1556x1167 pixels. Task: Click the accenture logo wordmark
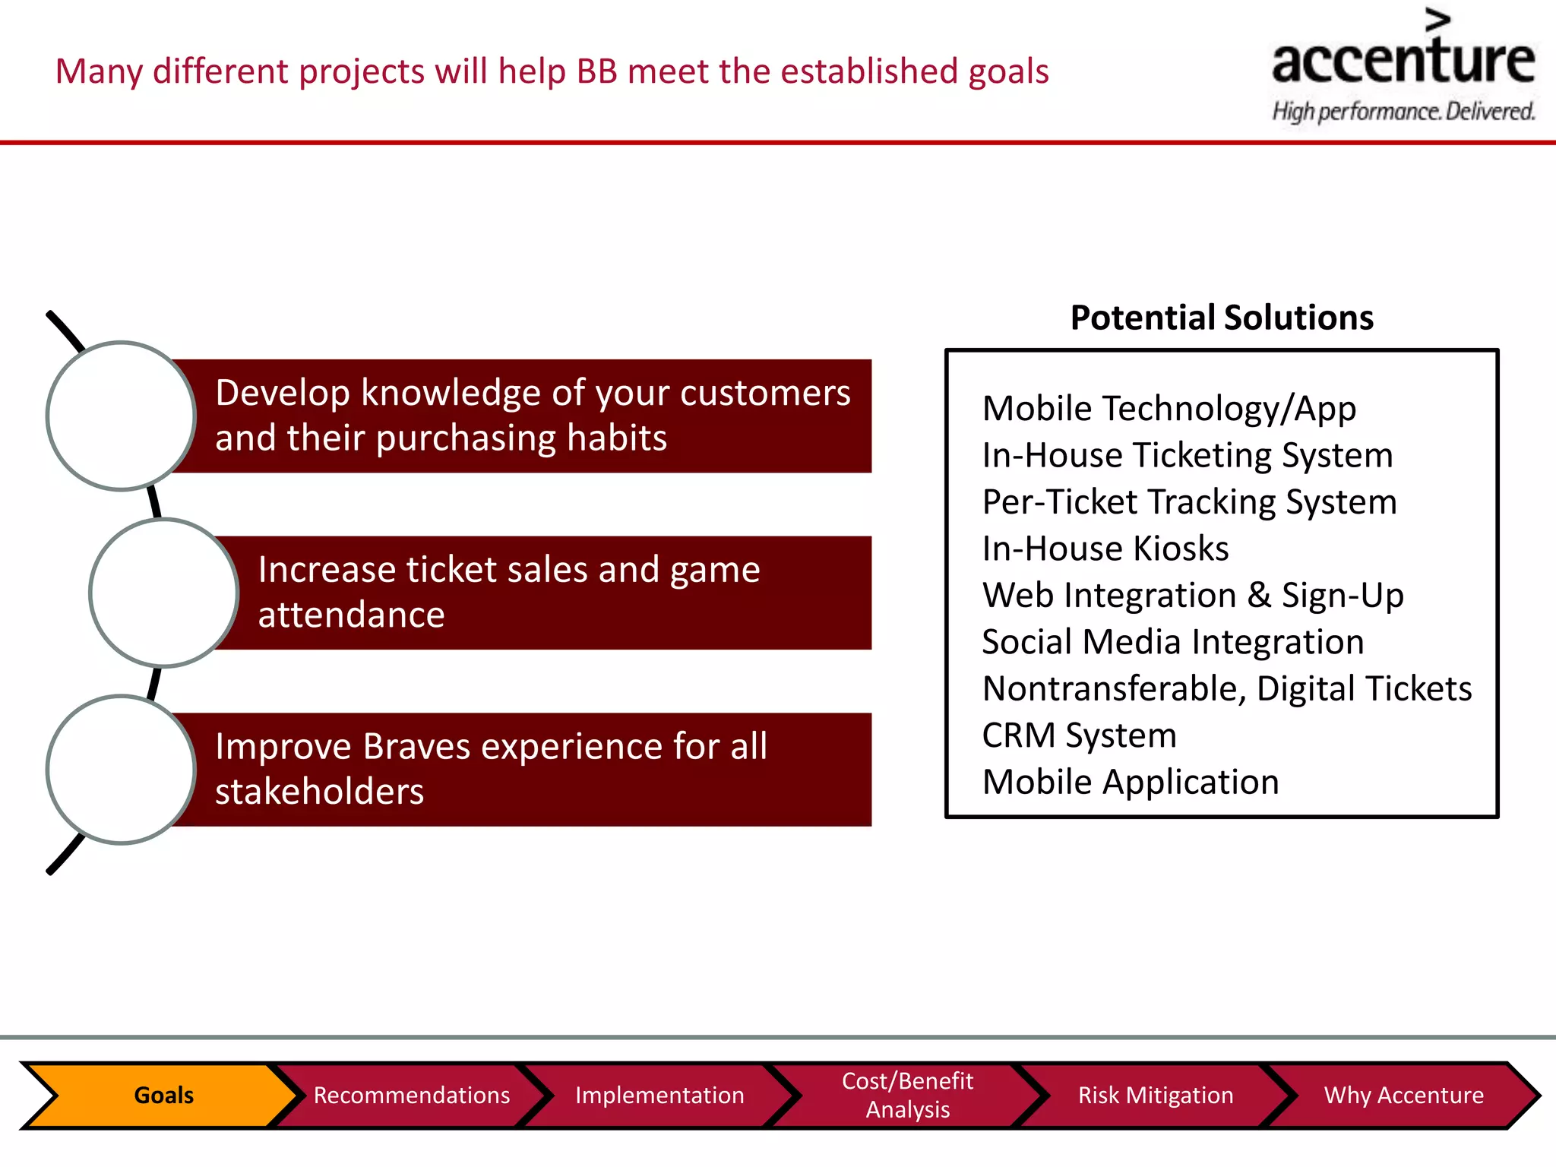pyautogui.click(x=1403, y=61)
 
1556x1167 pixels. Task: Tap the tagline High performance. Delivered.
pyautogui.click(x=1403, y=112)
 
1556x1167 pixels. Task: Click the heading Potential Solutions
pyautogui.click(x=1221, y=318)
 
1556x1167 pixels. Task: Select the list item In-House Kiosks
pyautogui.click(x=1105, y=549)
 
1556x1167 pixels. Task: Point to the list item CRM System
pyautogui.click(x=1079, y=735)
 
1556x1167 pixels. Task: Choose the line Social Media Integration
pyautogui.click(x=1172, y=642)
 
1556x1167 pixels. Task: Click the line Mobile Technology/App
pyautogui.click(x=1169, y=409)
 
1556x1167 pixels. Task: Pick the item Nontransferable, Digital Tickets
pyautogui.click(x=1226, y=689)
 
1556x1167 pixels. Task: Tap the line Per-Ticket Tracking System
pyautogui.click(x=1189, y=502)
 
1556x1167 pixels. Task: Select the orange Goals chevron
pyautogui.click(x=163, y=1095)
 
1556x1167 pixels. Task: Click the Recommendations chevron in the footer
pyautogui.click(x=411, y=1095)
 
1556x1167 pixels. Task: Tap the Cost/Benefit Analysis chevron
pyautogui.click(x=907, y=1095)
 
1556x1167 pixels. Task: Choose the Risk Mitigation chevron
pyautogui.click(x=1155, y=1095)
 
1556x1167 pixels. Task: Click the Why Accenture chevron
pyautogui.click(x=1403, y=1095)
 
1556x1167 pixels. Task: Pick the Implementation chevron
pyautogui.click(x=659, y=1095)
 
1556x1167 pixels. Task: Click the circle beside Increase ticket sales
pyautogui.click(x=164, y=593)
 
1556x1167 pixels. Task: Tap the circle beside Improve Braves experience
pyautogui.click(x=122, y=770)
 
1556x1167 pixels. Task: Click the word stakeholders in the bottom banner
pyautogui.click(x=319, y=792)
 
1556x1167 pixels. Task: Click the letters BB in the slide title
pyautogui.click(x=596, y=71)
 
